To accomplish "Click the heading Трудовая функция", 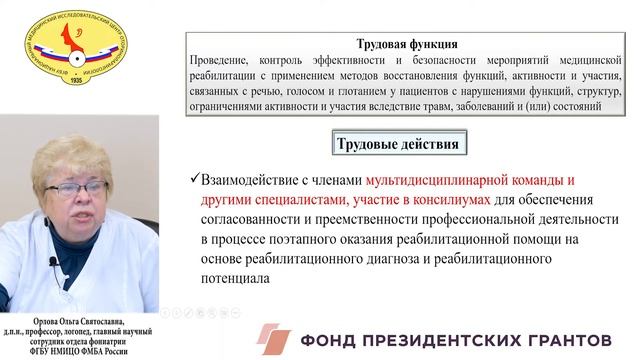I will (407, 44).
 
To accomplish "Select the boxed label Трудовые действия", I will (397, 144).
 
